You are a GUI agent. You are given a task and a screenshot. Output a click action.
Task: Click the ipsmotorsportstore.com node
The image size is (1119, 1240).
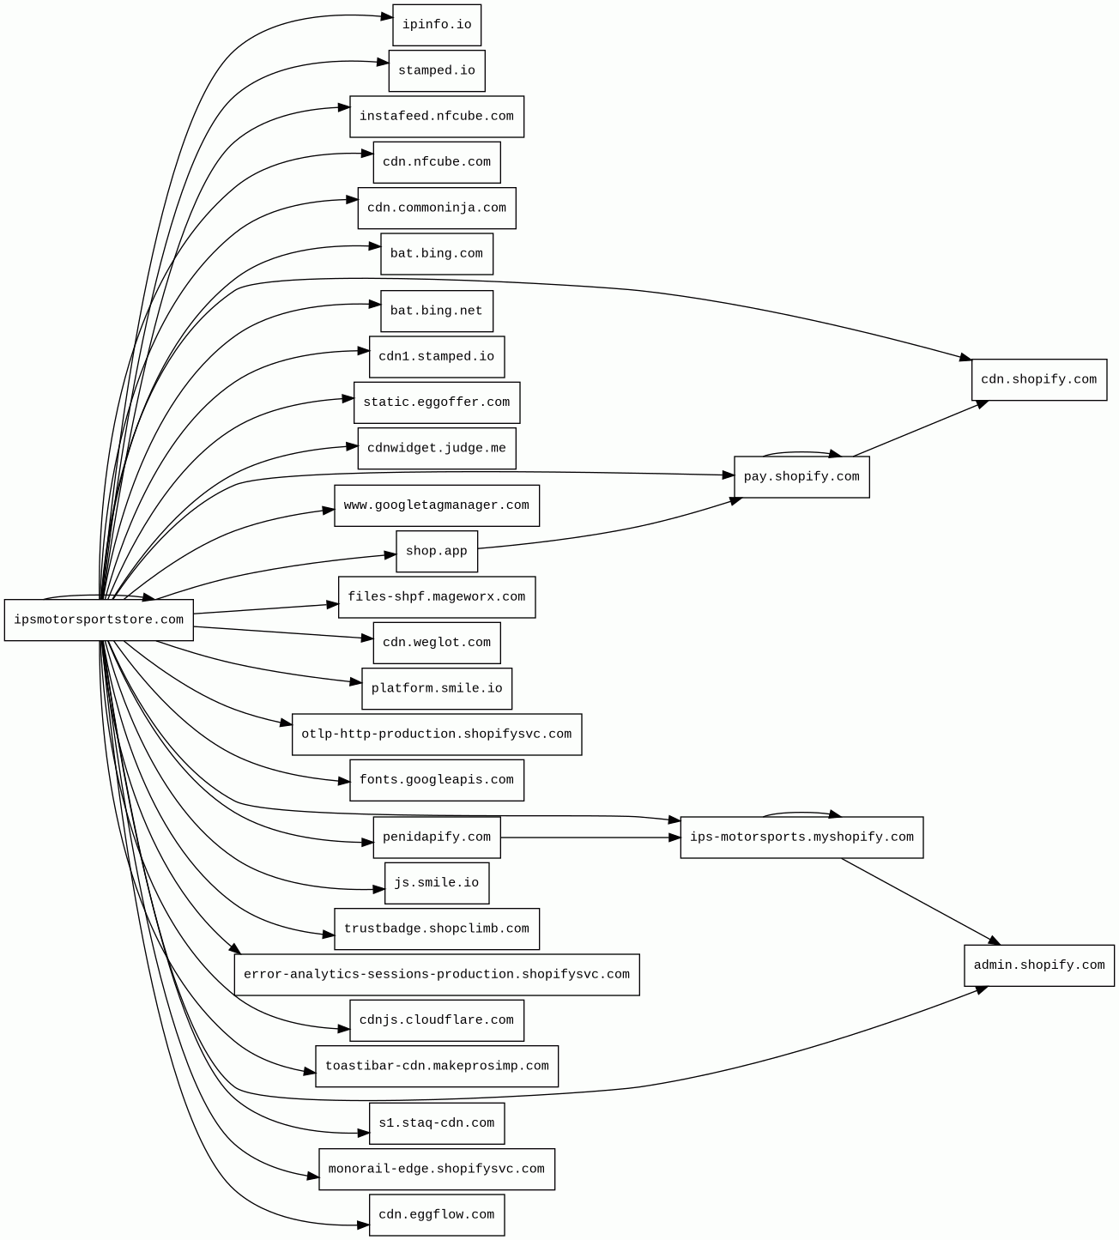click(99, 620)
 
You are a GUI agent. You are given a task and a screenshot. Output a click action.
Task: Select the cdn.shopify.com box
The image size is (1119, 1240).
click(1038, 379)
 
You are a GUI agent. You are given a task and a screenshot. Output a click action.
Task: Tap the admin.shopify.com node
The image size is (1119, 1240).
click(1038, 965)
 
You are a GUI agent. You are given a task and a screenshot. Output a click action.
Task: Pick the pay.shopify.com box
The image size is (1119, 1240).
click(801, 477)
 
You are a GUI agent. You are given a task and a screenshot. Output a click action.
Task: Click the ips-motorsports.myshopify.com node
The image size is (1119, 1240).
click(801, 838)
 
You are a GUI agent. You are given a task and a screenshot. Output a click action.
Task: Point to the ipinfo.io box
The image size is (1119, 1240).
click(437, 25)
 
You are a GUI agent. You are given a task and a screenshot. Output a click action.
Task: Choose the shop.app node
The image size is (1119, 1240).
click(437, 551)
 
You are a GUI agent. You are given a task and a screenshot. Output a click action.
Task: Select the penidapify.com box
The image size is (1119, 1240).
click(437, 838)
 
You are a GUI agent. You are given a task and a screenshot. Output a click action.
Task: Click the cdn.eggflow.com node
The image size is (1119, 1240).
click(437, 1215)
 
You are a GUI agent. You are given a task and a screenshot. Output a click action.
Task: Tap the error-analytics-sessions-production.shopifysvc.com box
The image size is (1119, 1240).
click(437, 975)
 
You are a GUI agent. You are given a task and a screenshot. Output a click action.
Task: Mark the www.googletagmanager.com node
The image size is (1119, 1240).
click(437, 505)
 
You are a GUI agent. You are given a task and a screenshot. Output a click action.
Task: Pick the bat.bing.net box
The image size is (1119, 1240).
click(437, 311)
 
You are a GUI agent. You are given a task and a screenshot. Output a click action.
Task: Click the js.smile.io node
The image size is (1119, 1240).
click(437, 883)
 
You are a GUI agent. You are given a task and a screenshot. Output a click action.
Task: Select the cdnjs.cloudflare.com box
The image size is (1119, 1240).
click(437, 1020)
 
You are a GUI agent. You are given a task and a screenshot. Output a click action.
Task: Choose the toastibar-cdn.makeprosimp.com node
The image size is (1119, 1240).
click(437, 1067)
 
